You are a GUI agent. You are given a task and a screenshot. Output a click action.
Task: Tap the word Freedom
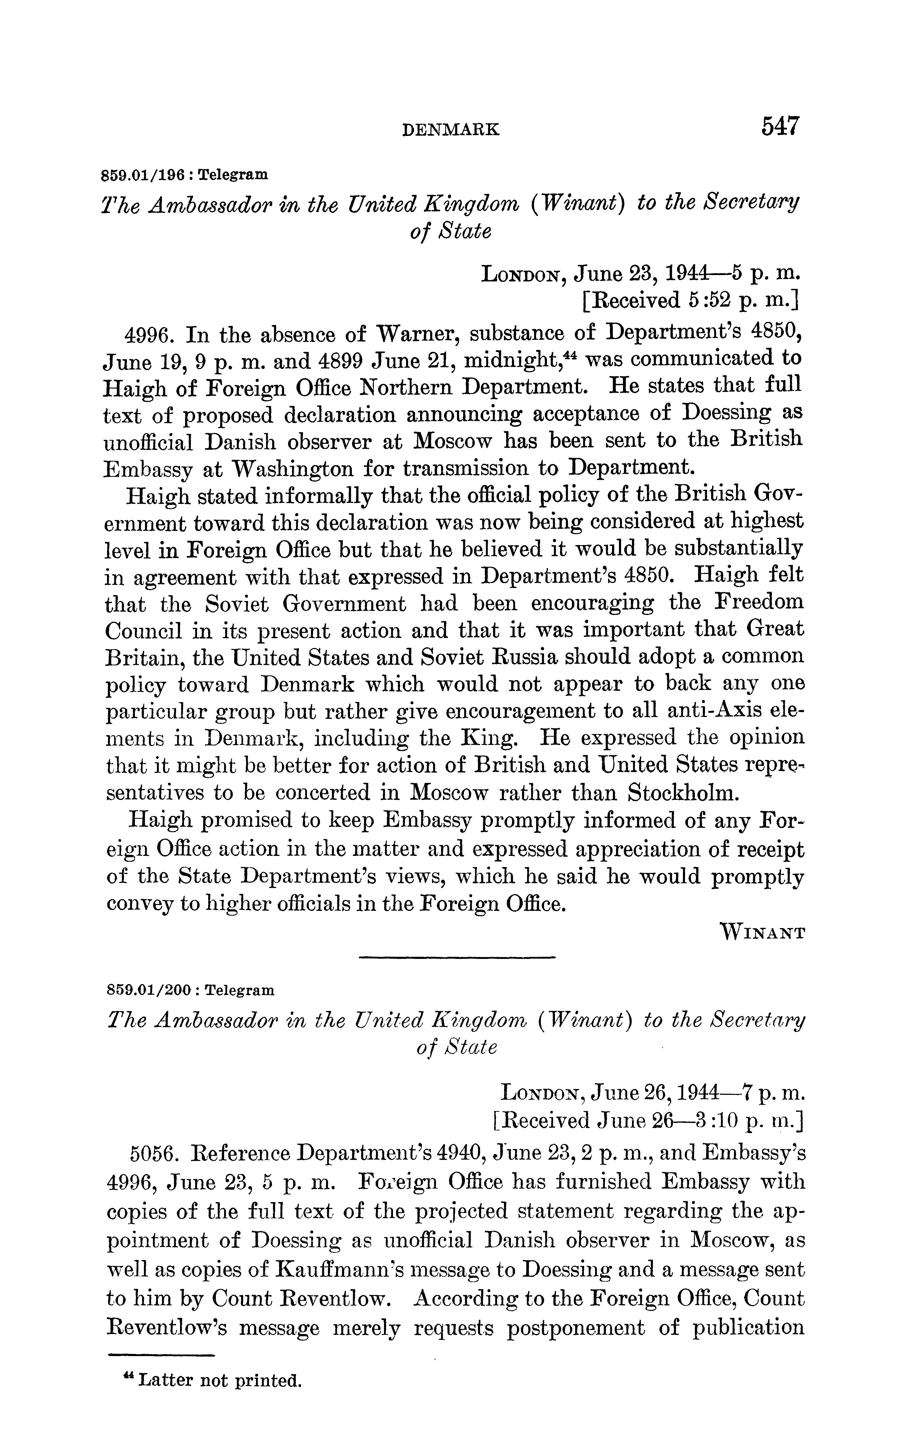click(758, 602)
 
